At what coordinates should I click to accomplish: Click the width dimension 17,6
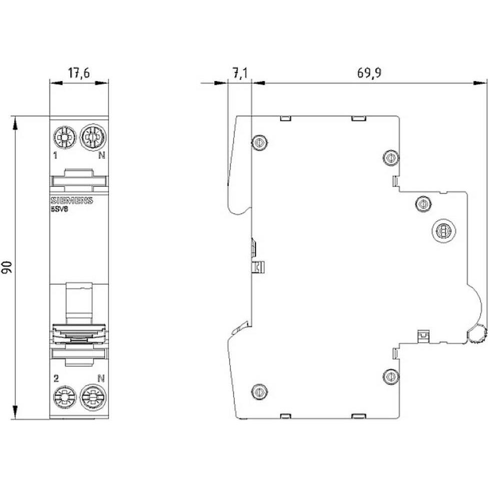(79, 74)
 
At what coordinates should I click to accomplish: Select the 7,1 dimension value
(240, 74)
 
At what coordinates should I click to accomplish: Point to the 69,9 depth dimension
(369, 73)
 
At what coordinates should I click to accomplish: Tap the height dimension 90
(8, 267)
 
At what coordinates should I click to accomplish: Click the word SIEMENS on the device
(71, 201)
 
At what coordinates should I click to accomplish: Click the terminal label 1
(57, 155)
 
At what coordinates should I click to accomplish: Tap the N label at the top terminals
(101, 155)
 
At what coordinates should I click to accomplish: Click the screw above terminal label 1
(64, 136)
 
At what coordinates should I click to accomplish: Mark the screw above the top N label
(92, 136)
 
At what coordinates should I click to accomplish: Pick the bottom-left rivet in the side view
(259, 390)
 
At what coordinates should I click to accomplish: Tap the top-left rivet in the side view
(259, 143)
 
